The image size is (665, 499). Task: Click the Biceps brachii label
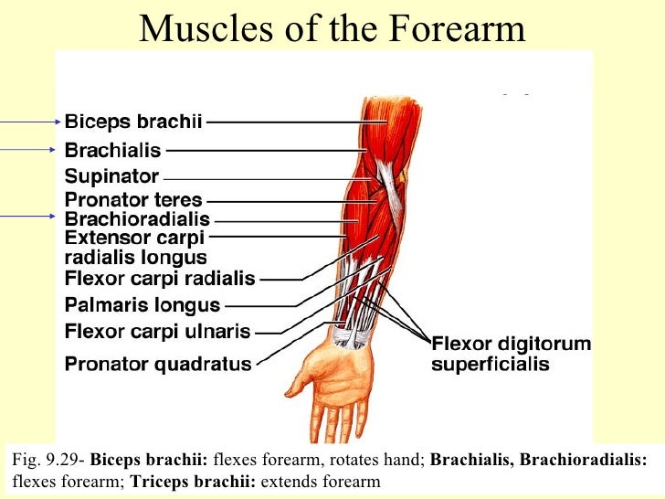click(x=133, y=120)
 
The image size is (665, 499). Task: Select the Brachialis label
click(x=112, y=149)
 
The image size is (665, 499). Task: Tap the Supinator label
click(x=111, y=175)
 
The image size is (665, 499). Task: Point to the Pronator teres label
click(x=133, y=199)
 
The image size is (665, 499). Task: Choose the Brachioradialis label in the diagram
click(x=137, y=219)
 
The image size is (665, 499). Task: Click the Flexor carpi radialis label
click(x=160, y=278)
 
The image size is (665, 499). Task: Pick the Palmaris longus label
click(x=142, y=305)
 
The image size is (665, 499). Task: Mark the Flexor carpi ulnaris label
click(x=157, y=331)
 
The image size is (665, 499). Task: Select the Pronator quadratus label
click(x=157, y=364)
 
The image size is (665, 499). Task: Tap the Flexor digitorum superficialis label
click(x=511, y=355)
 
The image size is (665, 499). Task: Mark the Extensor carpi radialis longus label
click(x=135, y=248)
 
